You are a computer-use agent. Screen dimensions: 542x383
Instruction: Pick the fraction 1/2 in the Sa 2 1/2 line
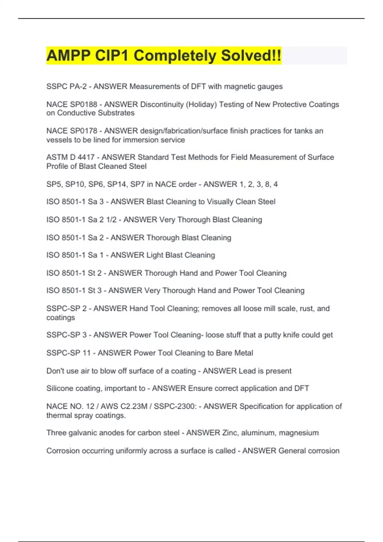point(112,220)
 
